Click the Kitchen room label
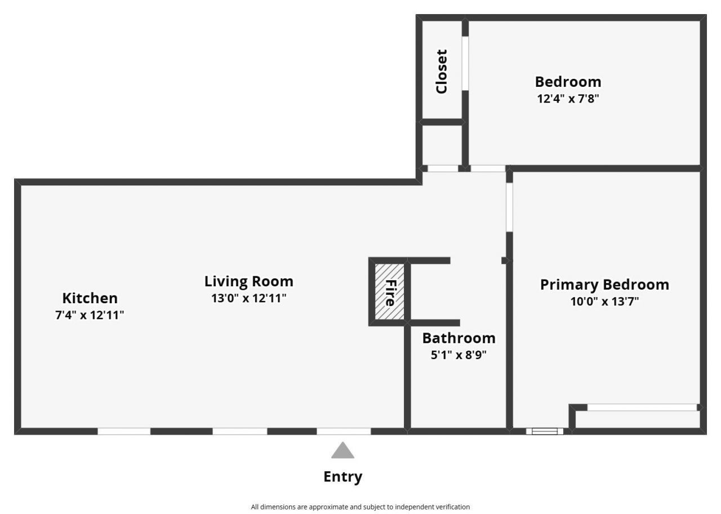[90, 298]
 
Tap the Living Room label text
[249, 281]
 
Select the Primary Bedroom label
[604, 285]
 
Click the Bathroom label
[459, 338]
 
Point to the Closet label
[441, 72]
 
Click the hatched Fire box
[389, 292]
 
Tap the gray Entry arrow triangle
[343, 450]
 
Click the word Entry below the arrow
[343, 477]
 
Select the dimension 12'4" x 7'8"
[568, 99]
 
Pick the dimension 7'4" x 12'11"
[90, 315]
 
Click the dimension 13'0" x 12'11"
[249, 298]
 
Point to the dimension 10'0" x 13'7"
[604, 302]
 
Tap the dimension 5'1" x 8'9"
[459, 355]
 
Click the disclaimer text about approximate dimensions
[360, 507]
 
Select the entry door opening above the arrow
[344, 431]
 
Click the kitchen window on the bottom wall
[124, 431]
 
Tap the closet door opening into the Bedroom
[465, 64]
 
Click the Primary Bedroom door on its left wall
[509, 207]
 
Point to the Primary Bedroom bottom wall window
[545, 431]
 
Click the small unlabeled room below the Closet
[442, 145]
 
